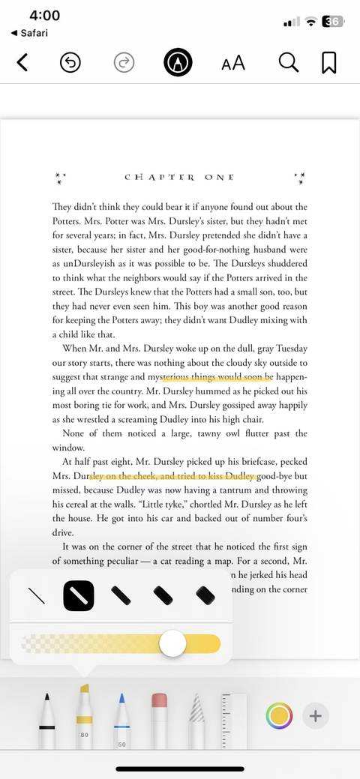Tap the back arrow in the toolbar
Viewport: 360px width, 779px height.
(x=22, y=63)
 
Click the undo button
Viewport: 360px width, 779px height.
(x=70, y=63)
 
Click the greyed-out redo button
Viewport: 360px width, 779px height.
(x=124, y=63)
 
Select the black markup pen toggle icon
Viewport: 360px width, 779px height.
(x=178, y=63)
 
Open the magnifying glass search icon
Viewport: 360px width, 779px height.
(x=288, y=63)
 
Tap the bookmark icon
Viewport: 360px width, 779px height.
(x=328, y=63)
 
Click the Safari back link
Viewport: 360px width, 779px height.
(x=30, y=33)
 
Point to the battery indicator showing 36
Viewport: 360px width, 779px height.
(x=332, y=22)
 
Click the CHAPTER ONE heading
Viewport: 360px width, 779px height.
(x=179, y=178)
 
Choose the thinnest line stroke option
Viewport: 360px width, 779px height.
(x=36, y=596)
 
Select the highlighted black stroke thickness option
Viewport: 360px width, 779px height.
(x=79, y=596)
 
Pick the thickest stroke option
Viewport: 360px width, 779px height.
(x=205, y=596)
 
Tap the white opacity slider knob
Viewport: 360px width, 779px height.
(x=173, y=643)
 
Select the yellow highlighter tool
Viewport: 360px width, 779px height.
(x=84, y=716)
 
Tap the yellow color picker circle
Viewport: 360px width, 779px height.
(x=279, y=717)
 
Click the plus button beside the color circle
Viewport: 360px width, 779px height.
(x=316, y=717)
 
